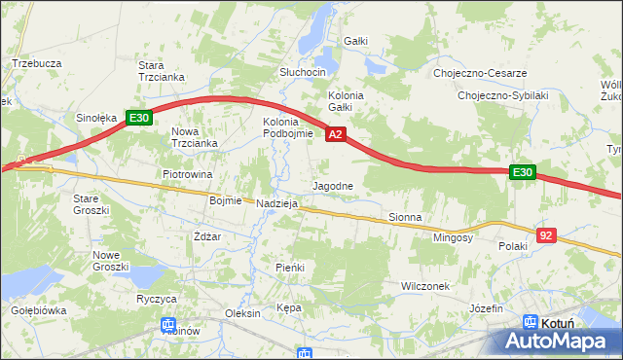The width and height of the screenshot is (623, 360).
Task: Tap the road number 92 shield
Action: pyautogui.click(x=546, y=234)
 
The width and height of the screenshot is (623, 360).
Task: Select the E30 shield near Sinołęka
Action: pyautogui.click(x=139, y=119)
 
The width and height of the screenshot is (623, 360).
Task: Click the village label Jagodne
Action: pyautogui.click(x=332, y=185)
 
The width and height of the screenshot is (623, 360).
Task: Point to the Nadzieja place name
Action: pyautogui.click(x=276, y=204)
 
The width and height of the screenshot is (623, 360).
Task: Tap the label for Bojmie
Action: pyautogui.click(x=225, y=200)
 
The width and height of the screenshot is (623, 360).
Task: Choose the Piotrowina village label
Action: pyautogui.click(x=187, y=175)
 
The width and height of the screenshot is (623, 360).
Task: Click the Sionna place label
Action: pyautogui.click(x=405, y=217)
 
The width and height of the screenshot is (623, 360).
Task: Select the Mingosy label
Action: pyautogui.click(x=453, y=237)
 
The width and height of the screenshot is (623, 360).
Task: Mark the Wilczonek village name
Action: pyautogui.click(x=425, y=286)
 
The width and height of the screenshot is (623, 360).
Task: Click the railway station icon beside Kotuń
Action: pyautogui.click(x=531, y=322)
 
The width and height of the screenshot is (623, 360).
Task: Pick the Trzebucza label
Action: pyautogui.click(x=37, y=63)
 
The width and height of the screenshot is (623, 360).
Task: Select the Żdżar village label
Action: pyautogui.click(x=207, y=236)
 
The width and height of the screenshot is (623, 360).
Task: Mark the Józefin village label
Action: pyautogui.click(x=490, y=307)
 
